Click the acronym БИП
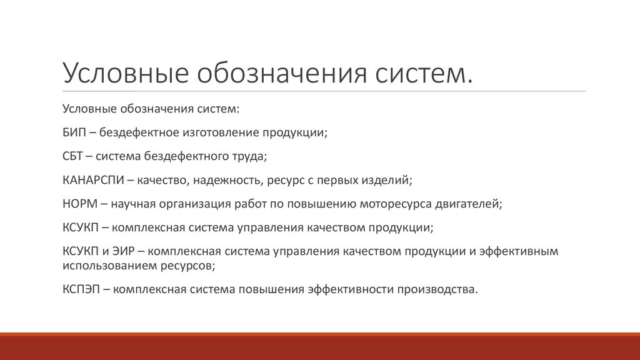tap(74, 132)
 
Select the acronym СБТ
tap(72, 156)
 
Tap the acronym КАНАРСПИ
tap(93, 180)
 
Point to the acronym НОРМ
tap(80, 204)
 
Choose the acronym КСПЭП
tap(81, 289)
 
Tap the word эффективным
tap(519, 251)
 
